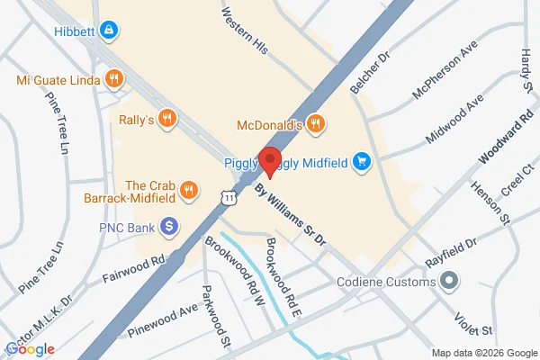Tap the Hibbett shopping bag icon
click(x=109, y=31)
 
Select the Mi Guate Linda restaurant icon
click(x=113, y=79)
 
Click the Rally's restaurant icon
click(x=166, y=118)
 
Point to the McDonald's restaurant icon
click(x=314, y=124)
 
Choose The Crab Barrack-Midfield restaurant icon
click(x=188, y=189)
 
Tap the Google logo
click(x=30, y=348)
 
